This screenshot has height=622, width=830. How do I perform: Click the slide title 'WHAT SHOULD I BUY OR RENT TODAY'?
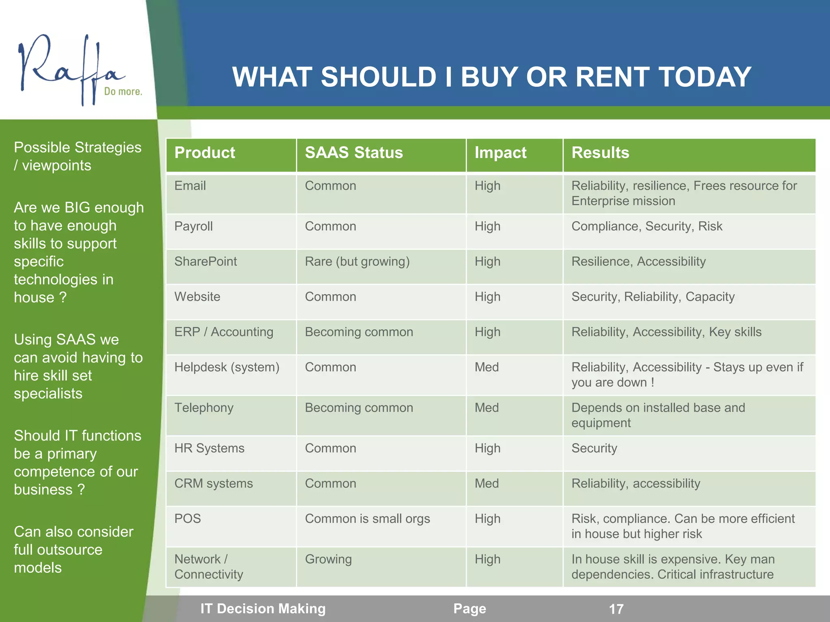[492, 77]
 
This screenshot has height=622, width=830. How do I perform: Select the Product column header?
[205, 153]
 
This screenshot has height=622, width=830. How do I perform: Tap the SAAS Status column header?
[354, 153]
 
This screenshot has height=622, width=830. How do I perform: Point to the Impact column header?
[501, 153]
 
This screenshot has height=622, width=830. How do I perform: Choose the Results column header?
[600, 153]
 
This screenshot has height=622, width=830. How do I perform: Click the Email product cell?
[190, 186]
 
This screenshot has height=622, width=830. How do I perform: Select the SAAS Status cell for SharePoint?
[357, 262]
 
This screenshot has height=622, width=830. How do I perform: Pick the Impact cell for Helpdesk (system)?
[487, 367]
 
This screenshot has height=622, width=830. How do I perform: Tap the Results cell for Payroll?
[647, 226]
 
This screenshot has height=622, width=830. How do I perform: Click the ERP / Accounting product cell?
[224, 332]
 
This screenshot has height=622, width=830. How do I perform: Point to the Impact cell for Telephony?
[487, 408]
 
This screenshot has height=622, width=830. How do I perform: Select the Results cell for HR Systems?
[594, 448]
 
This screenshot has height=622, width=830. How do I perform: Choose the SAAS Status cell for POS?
[367, 519]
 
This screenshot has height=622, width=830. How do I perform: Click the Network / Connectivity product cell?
[209, 567]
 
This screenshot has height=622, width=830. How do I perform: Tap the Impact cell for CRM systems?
[487, 484]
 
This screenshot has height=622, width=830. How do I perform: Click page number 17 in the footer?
[616, 609]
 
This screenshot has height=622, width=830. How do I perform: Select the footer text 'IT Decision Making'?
[263, 609]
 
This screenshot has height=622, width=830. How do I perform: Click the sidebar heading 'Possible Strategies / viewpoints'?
[77, 156]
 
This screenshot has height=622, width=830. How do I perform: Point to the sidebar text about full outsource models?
[73, 550]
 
